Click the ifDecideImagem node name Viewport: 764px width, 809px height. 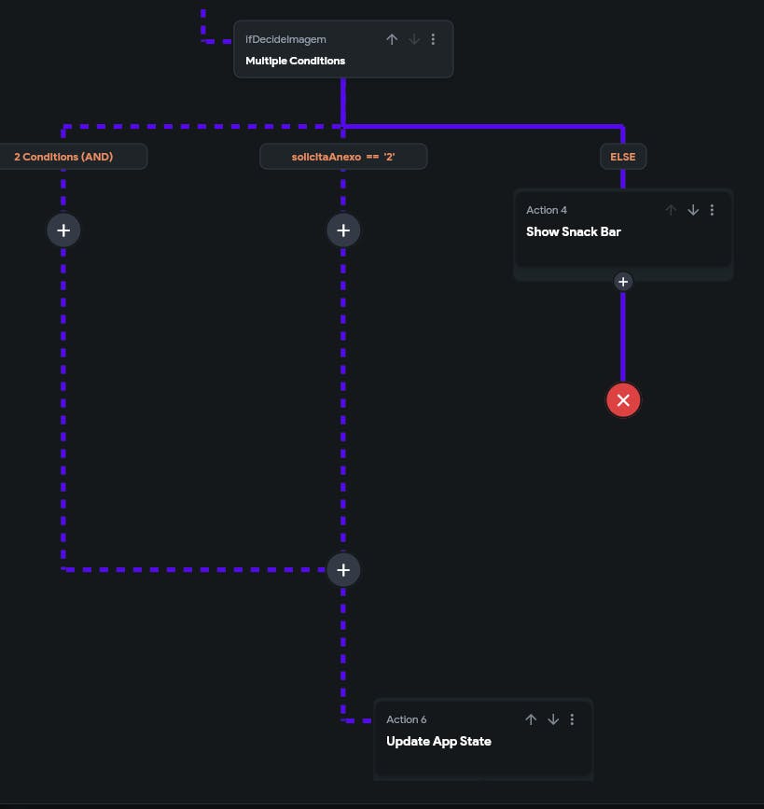pos(285,40)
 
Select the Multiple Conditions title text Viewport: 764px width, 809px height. pos(295,61)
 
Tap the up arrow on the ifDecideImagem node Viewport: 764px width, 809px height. pos(392,39)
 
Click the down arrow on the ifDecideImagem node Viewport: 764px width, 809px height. pos(414,39)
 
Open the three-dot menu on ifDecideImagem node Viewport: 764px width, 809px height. pos(433,39)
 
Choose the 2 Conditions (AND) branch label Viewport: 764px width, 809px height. pos(63,157)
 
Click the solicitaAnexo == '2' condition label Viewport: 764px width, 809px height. pos(343,157)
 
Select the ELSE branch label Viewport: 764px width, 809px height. pos(623,157)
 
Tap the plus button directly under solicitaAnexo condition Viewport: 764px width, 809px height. pos(343,230)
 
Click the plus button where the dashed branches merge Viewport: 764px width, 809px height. pos(343,569)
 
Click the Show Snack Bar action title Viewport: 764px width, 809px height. pos(573,231)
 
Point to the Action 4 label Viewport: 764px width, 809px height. pos(547,210)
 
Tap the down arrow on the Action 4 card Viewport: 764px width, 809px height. pos(693,210)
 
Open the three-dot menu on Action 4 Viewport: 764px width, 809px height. pos(712,210)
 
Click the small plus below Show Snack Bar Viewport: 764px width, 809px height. pos(623,282)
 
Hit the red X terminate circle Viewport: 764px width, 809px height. pos(623,400)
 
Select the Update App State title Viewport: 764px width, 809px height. pos(438,742)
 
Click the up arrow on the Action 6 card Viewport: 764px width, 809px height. pos(531,719)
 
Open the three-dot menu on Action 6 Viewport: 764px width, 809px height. pos(572,719)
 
